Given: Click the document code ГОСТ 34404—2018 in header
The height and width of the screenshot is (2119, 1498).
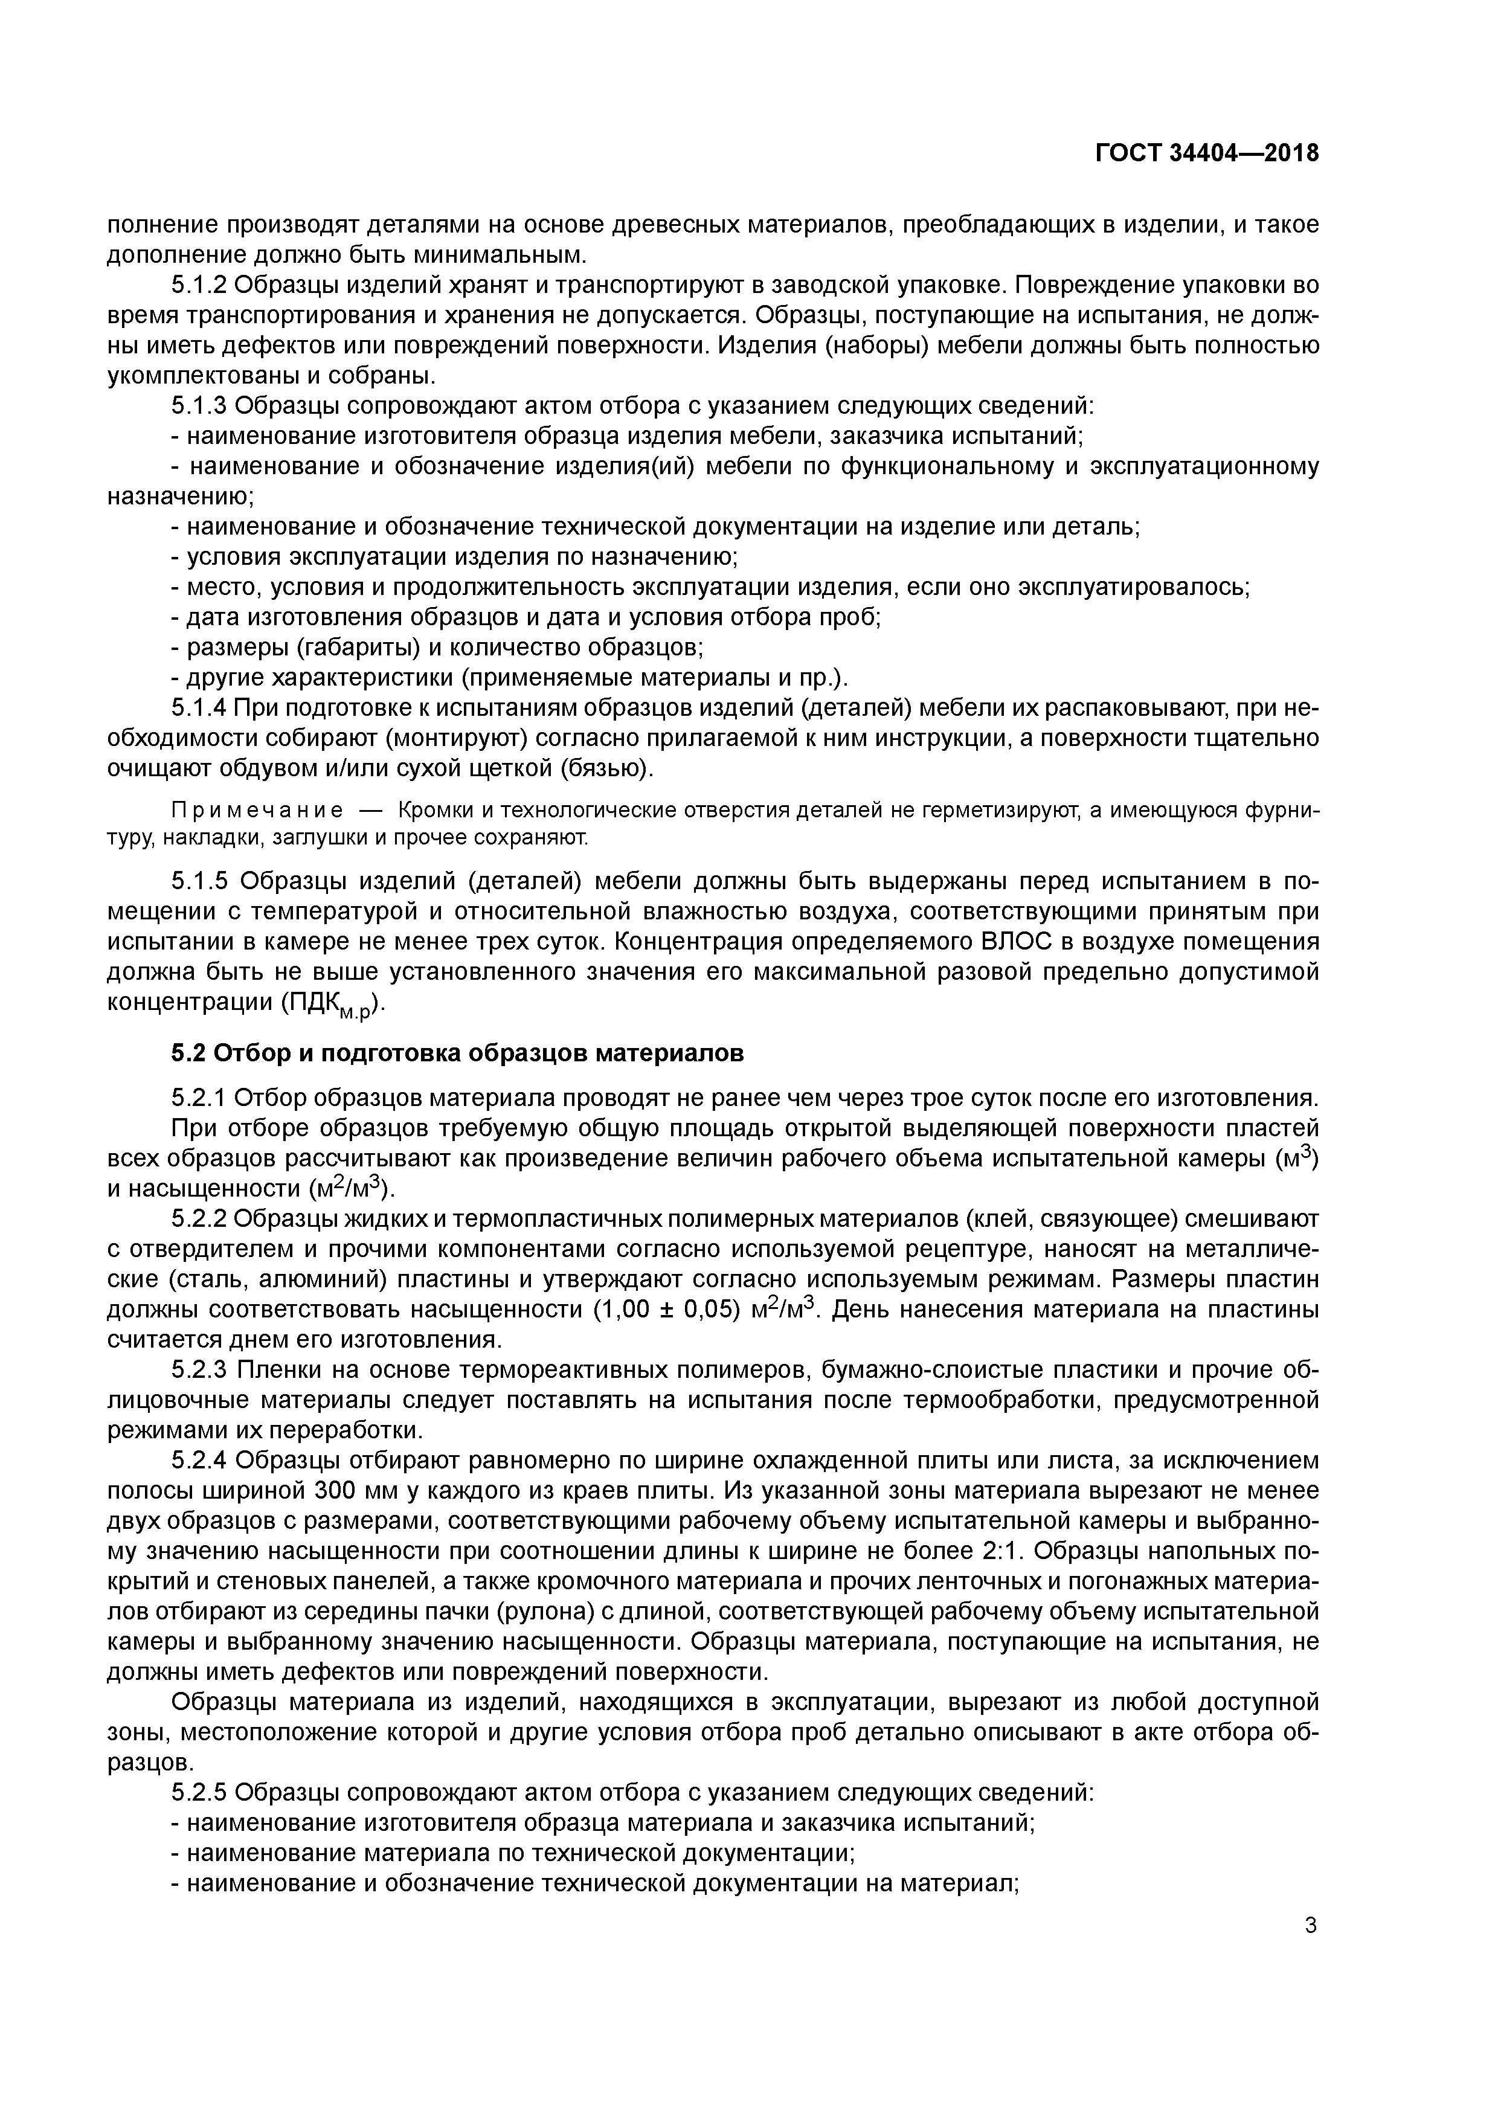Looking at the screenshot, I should coord(1206,153).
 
